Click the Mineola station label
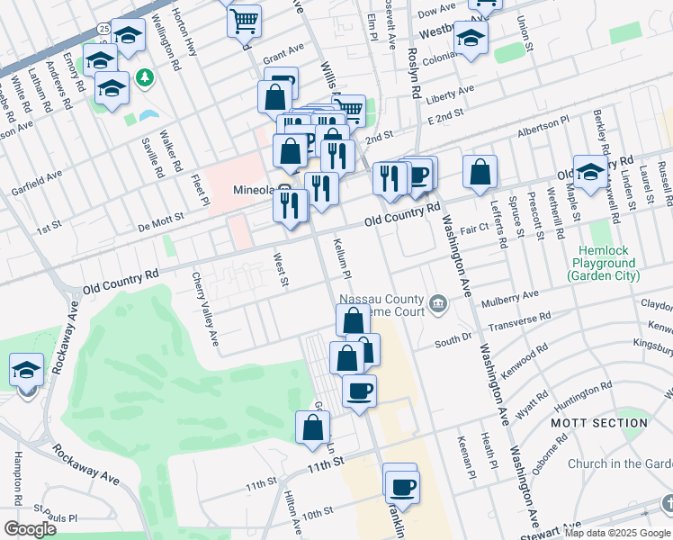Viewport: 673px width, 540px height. pyautogui.click(x=253, y=190)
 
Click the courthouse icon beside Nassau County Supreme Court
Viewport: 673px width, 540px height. pyautogui.click(x=438, y=303)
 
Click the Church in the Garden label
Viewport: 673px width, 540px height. pyautogui.click(x=619, y=464)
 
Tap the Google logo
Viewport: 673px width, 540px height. pyautogui.click(x=30, y=529)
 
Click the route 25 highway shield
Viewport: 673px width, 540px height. pyautogui.click(x=104, y=30)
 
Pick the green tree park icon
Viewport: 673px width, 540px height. pyautogui.click(x=144, y=79)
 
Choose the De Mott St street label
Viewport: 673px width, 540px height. pyautogui.click(x=159, y=217)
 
